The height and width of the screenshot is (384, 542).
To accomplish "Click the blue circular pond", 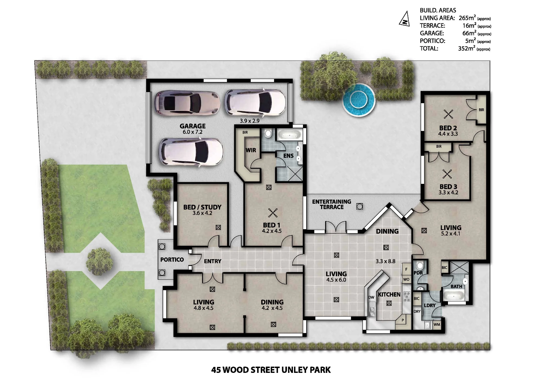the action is click(359, 100).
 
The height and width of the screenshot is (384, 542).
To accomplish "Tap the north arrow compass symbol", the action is click(405, 19).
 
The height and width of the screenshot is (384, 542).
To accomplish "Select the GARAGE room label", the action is click(193, 126).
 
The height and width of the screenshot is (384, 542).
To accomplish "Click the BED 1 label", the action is click(272, 225).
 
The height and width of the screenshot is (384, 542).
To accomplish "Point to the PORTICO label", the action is click(172, 260).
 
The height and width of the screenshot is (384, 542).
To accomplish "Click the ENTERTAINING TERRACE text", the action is click(332, 204).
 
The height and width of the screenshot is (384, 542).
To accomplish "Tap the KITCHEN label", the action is click(389, 294).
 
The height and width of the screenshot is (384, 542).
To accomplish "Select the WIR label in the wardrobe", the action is click(251, 150).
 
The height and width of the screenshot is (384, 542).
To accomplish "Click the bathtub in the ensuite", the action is click(289, 135).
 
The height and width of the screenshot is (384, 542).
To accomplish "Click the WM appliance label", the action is click(437, 325).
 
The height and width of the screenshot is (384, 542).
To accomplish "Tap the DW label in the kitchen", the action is click(371, 297).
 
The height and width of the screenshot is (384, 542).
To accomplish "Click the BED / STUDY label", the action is click(202, 207).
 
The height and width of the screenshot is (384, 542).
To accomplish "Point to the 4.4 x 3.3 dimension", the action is click(448, 134).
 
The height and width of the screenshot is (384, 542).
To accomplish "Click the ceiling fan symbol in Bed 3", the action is click(447, 174).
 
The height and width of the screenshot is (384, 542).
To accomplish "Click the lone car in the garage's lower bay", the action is click(191, 152).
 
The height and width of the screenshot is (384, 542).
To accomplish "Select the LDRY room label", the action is click(430, 306).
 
